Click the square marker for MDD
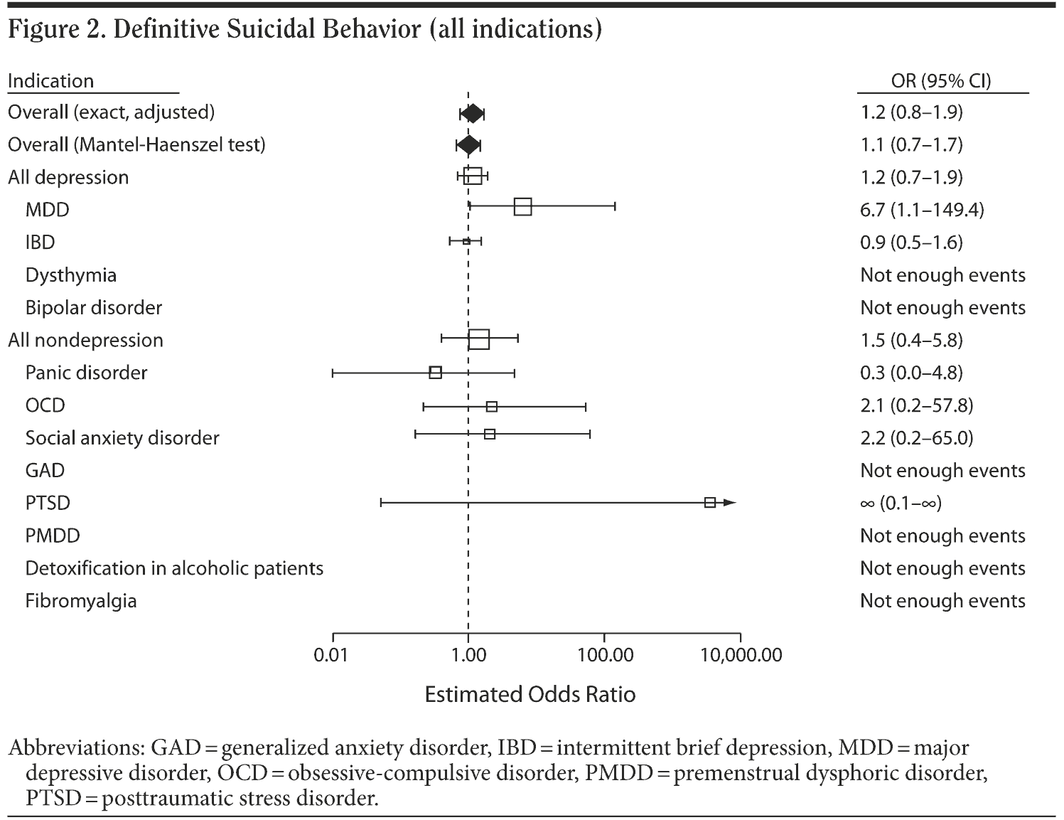pyautogui.click(x=522, y=207)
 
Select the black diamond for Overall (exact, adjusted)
pyautogui.click(x=472, y=113)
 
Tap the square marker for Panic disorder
pyautogui.click(x=436, y=372)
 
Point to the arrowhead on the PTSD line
pyautogui.click(x=729, y=503)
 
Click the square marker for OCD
pyautogui.click(x=492, y=407)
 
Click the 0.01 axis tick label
pyautogui.click(x=331, y=655)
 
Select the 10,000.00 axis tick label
pyautogui.click(x=741, y=655)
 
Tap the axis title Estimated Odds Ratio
pyautogui.click(x=530, y=694)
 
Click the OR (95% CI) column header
pyautogui.click(x=941, y=81)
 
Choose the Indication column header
pyautogui.click(x=50, y=81)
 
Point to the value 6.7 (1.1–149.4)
pyautogui.click(x=922, y=210)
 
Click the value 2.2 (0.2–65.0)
pyautogui.click(x=916, y=437)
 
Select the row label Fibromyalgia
pyautogui.click(x=81, y=601)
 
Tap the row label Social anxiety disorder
pyautogui.click(x=122, y=437)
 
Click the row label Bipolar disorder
pyautogui.click(x=94, y=307)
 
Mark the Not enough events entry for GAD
pyautogui.click(x=942, y=470)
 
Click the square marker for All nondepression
pyautogui.click(x=479, y=339)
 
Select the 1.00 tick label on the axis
pyautogui.click(x=468, y=655)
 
